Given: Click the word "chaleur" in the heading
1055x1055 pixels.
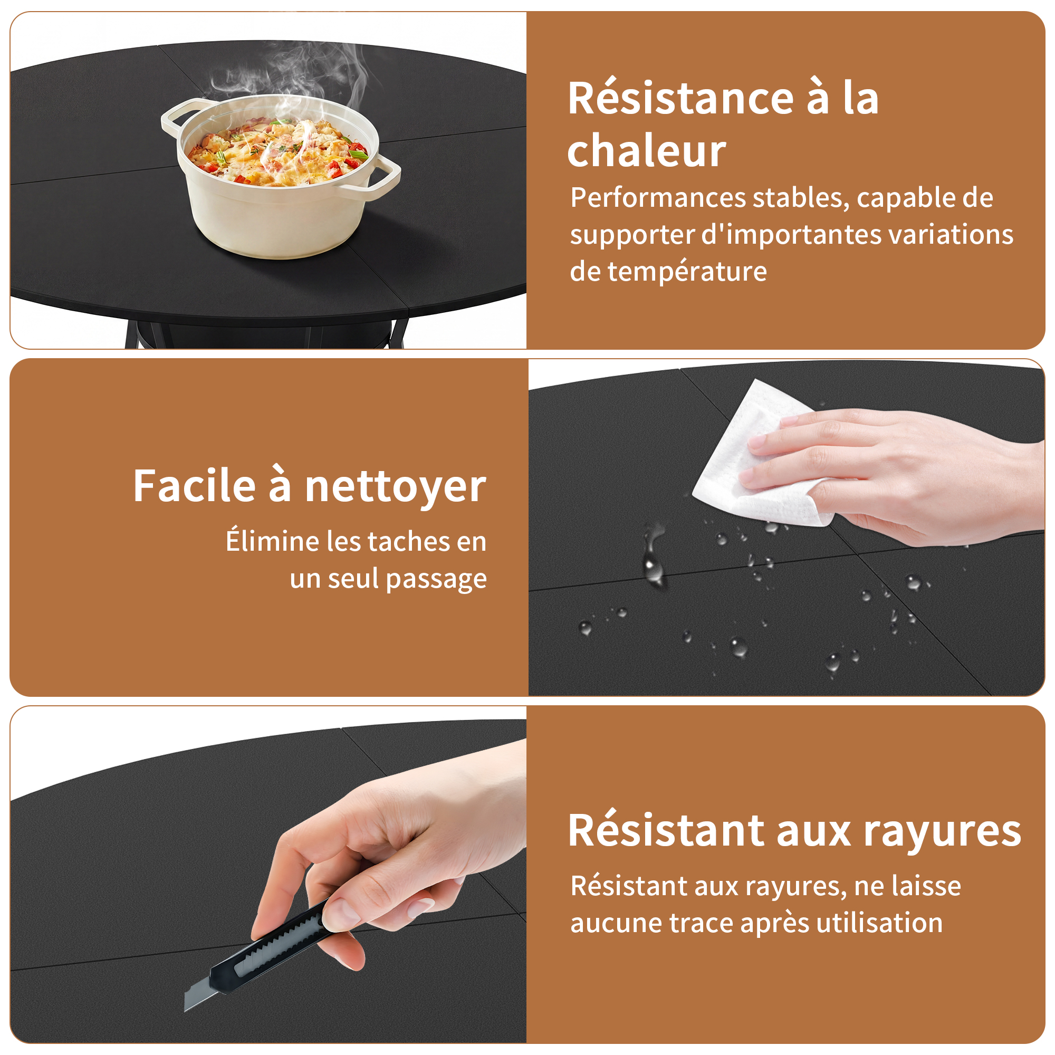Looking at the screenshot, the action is coord(647,151).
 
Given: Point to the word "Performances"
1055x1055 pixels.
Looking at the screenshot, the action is coord(658,197).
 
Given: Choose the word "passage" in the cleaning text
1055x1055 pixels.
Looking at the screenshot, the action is coord(436,579).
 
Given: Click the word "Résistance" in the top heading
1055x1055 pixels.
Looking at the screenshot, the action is coord(680,98).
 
